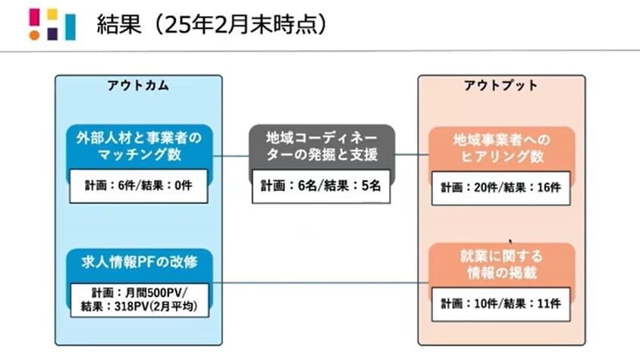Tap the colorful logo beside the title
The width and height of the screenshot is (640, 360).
click(52, 23)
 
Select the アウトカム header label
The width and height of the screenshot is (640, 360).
click(137, 86)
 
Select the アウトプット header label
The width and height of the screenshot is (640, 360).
click(501, 86)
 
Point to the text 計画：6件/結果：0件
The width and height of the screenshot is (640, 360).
click(137, 186)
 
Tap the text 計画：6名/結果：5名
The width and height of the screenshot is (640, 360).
click(322, 186)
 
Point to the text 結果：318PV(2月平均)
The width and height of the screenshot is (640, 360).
click(137, 306)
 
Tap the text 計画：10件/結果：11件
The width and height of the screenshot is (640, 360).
click(501, 302)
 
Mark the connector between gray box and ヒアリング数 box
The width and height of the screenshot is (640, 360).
click(409, 157)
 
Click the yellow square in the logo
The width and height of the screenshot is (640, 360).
click(52, 14)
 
